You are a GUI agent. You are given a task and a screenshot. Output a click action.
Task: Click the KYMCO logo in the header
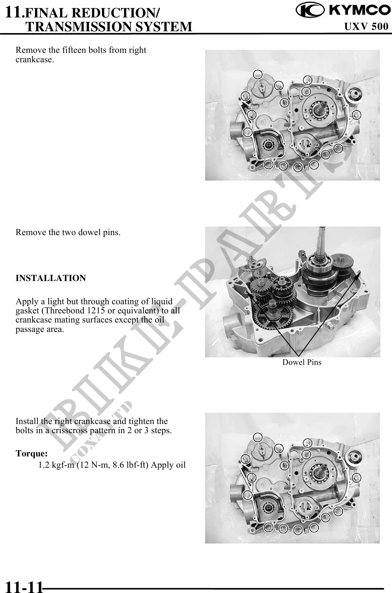(342, 11)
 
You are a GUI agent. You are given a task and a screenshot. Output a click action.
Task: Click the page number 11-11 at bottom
(24, 586)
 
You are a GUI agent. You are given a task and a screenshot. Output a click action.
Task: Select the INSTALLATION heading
(51, 278)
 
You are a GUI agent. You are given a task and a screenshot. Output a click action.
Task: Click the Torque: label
(32, 454)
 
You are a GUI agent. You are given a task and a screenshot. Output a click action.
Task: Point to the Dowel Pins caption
(302, 362)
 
